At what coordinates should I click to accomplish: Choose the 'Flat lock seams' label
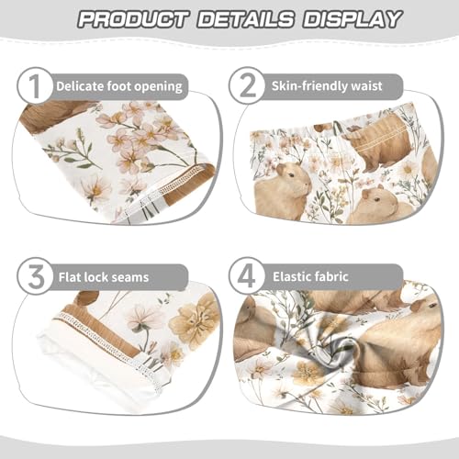click(x=104, y=275)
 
